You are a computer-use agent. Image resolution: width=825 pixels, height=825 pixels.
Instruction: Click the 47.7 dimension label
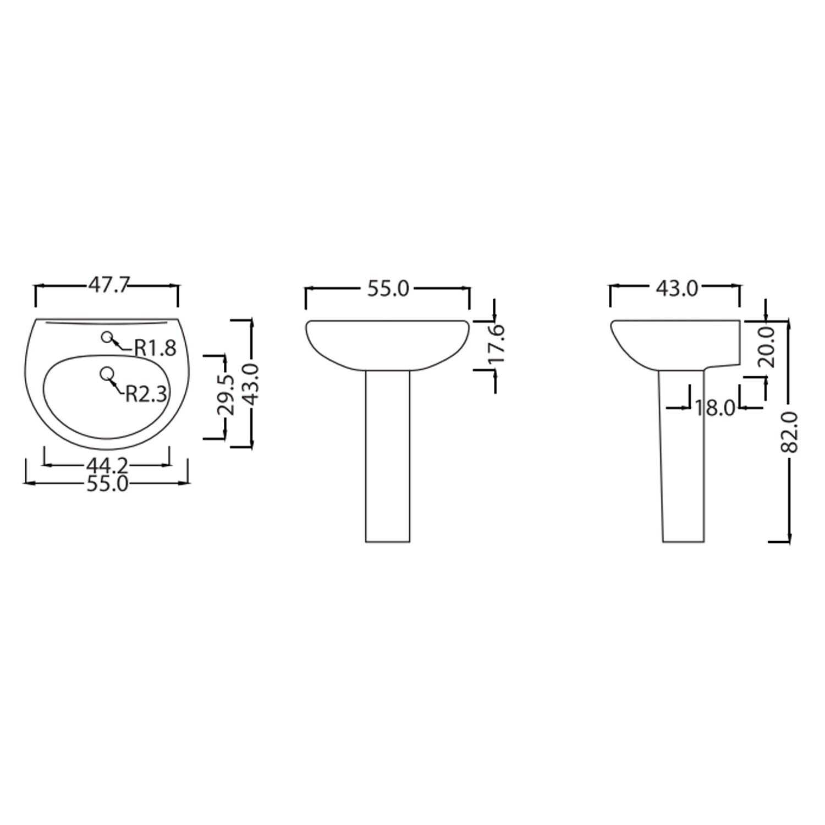108,285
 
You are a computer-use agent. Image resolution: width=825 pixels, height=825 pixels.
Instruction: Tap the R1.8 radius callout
156,348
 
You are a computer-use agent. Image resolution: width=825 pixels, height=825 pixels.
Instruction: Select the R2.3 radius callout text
146,394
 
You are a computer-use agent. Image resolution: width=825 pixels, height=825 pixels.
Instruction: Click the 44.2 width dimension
108,465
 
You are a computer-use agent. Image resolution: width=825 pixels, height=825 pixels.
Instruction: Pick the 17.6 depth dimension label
497,344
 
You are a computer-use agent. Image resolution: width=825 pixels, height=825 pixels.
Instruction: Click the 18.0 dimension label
714,408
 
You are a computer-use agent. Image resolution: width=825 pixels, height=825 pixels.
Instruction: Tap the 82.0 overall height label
790,432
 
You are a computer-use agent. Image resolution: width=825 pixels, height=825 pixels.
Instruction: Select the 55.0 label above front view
388,289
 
